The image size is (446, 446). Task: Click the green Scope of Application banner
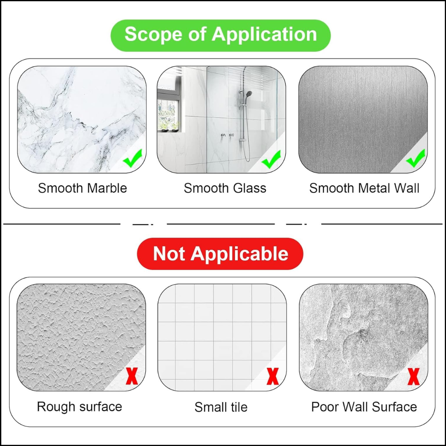click(x=221, y=35)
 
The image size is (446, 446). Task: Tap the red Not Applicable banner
click(x=220, y=254)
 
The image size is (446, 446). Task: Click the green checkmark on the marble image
click(x=133, y=159)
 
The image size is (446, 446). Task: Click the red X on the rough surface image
click(x=132, y=376)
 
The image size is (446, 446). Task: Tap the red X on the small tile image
click(x=273, y=376)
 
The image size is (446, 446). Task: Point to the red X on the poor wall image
click(x=413, y=376)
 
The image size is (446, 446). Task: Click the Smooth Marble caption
click(x=83, y=188)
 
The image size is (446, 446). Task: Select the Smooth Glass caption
click(x=225, y=188)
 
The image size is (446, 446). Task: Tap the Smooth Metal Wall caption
click(x=364, y=188)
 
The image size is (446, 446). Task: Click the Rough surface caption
click(x=79, y=406)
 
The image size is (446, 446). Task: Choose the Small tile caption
click(x=221, y=407)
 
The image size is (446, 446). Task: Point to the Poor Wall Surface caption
click(x=364, y=407)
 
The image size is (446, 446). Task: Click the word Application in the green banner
click(x=264, y=34)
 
